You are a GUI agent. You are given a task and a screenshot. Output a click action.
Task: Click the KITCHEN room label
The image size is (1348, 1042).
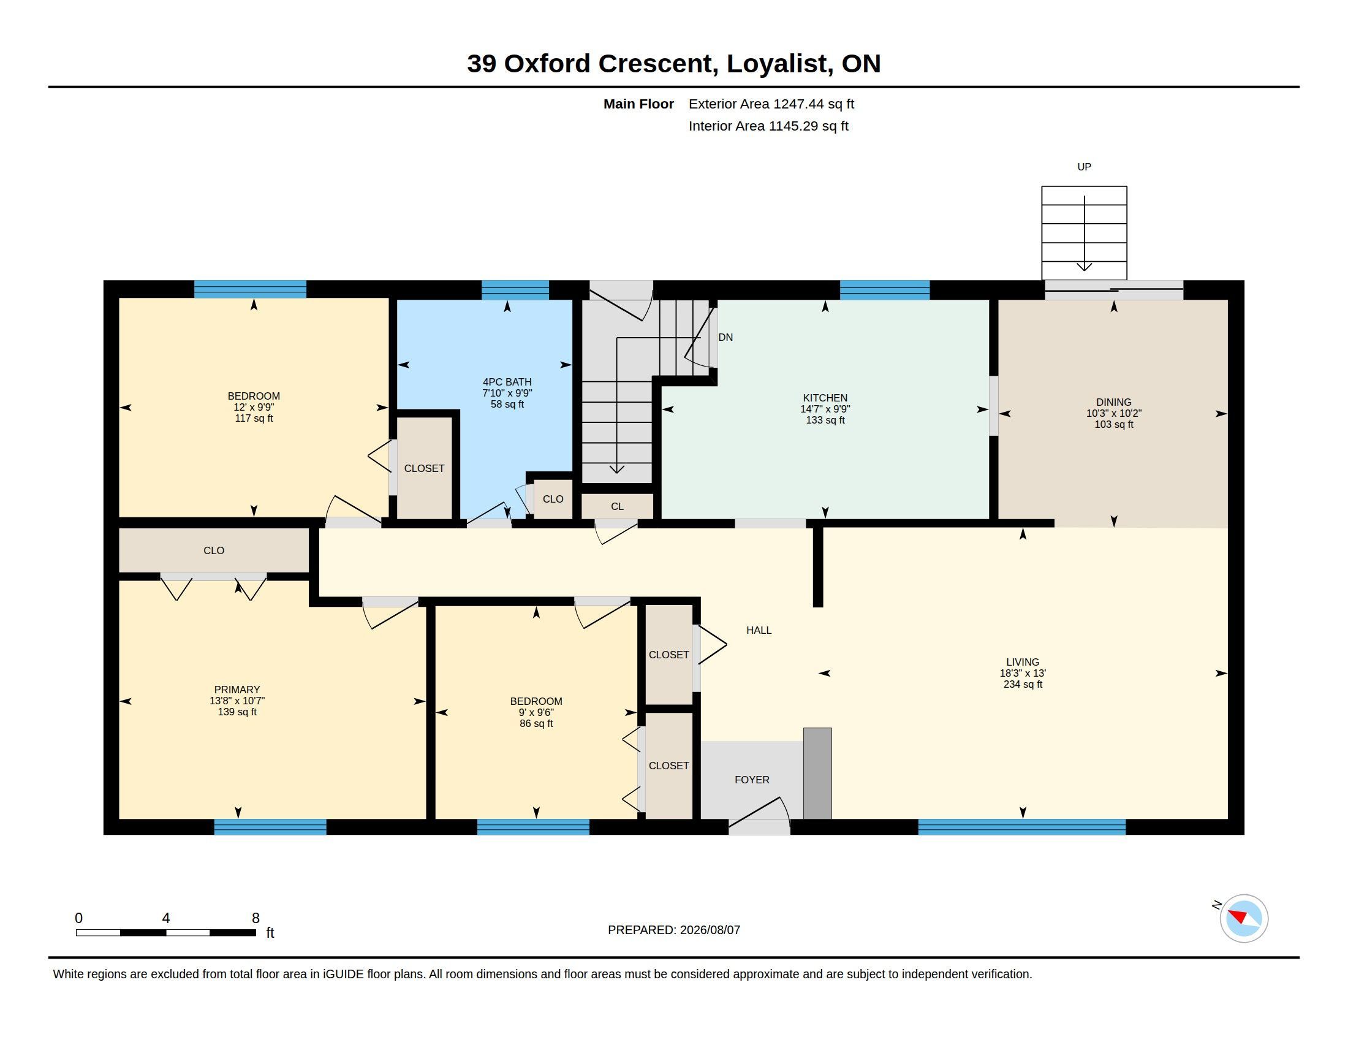[x=825, y=398]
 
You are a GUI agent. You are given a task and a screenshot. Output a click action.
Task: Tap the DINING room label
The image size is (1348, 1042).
[x=1113, y=403]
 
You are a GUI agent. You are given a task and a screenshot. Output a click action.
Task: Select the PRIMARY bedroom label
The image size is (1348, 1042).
[x=237, y=690]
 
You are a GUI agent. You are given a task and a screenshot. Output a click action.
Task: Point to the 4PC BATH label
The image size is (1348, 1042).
[x=507, y=382]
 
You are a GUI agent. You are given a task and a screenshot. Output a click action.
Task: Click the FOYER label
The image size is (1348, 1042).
[x=752, y=780]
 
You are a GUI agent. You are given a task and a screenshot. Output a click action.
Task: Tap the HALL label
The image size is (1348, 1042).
[x=759, y=630]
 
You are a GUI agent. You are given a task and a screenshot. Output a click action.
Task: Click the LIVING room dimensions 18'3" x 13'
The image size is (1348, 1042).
[x=1023, y=674]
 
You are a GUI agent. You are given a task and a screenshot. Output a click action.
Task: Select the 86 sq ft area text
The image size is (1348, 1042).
[x=536, y=723]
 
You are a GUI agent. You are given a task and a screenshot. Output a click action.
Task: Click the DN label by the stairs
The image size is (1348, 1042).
[x=726, y=337]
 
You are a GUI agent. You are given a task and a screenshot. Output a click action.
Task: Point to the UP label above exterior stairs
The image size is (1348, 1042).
[x=1084, y=167]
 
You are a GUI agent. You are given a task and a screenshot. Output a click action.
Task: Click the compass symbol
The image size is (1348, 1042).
[x=1244, y=918]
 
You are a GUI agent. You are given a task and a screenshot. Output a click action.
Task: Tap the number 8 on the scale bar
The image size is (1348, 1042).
[x=256, y=918]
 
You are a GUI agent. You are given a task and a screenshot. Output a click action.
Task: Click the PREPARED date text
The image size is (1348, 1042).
[x=673, y=930]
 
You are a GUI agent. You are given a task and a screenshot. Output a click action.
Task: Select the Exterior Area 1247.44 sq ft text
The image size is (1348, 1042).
[x=771, y=104]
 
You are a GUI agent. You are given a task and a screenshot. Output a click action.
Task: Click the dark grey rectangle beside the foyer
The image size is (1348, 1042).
[x=817, y=774]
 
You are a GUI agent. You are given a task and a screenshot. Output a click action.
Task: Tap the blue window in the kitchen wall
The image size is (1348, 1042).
[x=884, y=290]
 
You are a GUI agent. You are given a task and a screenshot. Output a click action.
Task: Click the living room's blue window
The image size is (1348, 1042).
[x=1021, y=827]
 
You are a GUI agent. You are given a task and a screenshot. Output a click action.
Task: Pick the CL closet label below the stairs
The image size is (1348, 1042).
[x=617, y=507]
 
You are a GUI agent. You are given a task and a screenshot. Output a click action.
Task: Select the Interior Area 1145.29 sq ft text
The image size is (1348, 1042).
[x=768, y=126]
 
